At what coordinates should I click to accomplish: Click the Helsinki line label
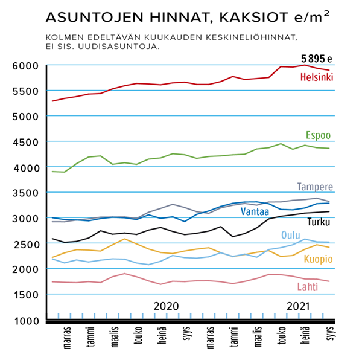pyautogui.click(x=317, y=77)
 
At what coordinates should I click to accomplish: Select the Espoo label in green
pyautogui.click(x=319, y=135)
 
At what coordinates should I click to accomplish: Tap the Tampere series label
pyautogui.click(x=315, y=187)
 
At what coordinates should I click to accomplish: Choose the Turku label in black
pyautogui.click(x=318, y=222)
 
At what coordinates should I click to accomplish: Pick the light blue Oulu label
pyautogui.click(x=291, y=235)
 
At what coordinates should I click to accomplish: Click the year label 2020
pyautogui.click(x=166, y=306)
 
